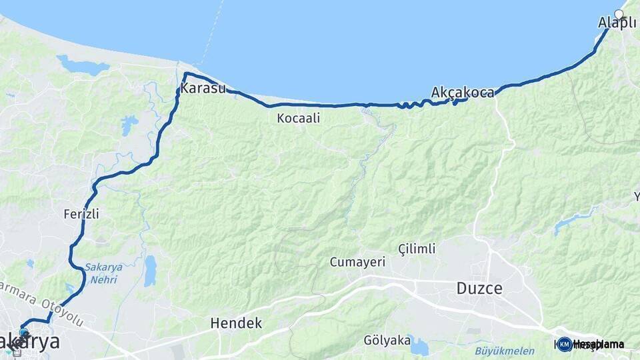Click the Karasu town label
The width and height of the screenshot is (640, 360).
pyautogui.click(x=203, y=89)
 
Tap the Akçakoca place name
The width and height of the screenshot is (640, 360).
pyautogui.click(x=463, y=92)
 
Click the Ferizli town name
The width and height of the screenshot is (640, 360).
pyautogui.click(x=81, y=214)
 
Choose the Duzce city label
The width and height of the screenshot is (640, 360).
pyautogui.click(x=479, y=289)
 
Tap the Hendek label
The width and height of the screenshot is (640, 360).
pyautogui.click(x=236, y=323)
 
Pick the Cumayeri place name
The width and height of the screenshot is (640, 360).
pyautogui.click(x=357, y=262)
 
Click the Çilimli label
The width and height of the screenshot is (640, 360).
pyautogui.click(x=417, y=249)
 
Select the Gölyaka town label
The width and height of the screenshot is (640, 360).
pyautogui.click(x=387, y=340)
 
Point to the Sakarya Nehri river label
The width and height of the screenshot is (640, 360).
pyautogui.click(x=101, y=274)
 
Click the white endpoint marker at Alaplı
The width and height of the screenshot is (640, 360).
pyautogui.click(x=619, y=14)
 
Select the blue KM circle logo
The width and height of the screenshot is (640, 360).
pyautogui.click(x=564, y=344)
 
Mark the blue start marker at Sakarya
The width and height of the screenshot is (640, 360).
pyautogui.click(x=24, y=333)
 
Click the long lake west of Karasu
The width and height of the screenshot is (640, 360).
pyautogui.click(x=82, y=66)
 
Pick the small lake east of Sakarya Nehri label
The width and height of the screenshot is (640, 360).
pyautogui.click(x=150, y=270)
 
